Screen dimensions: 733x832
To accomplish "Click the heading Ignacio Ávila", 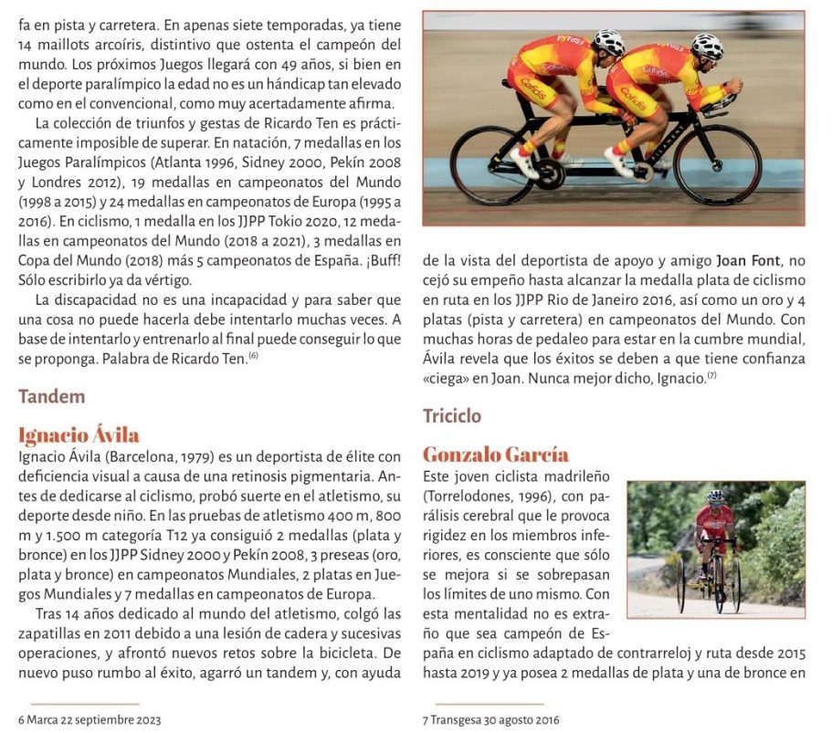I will [x=79, y=435].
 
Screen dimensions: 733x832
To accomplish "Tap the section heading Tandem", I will [x=51, y=396].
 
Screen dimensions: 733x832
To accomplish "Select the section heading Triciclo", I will [x=452, y=416].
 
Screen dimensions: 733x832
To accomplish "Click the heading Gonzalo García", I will [x=495, y=455].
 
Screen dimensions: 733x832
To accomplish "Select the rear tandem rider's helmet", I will [x=609, y=41].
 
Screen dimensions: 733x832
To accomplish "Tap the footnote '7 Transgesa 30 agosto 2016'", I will [x=491, y=719].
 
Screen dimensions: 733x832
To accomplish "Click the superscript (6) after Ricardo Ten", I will [x=253, y=356].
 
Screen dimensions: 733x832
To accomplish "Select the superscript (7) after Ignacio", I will [x=711, y=376].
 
